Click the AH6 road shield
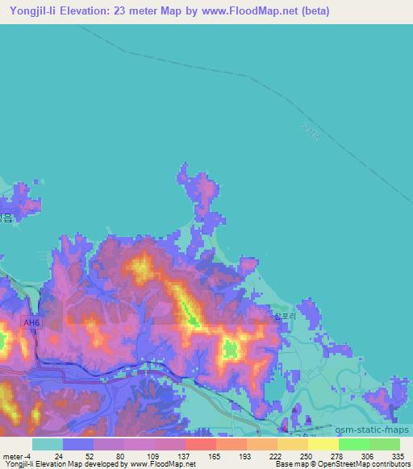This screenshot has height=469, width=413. (29, 322)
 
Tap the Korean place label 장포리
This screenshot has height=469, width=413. (285, 317)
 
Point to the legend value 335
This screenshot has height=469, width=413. (398, 455)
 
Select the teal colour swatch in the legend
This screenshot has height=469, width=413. (48, 444)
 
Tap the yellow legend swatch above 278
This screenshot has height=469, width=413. (323, 444)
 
